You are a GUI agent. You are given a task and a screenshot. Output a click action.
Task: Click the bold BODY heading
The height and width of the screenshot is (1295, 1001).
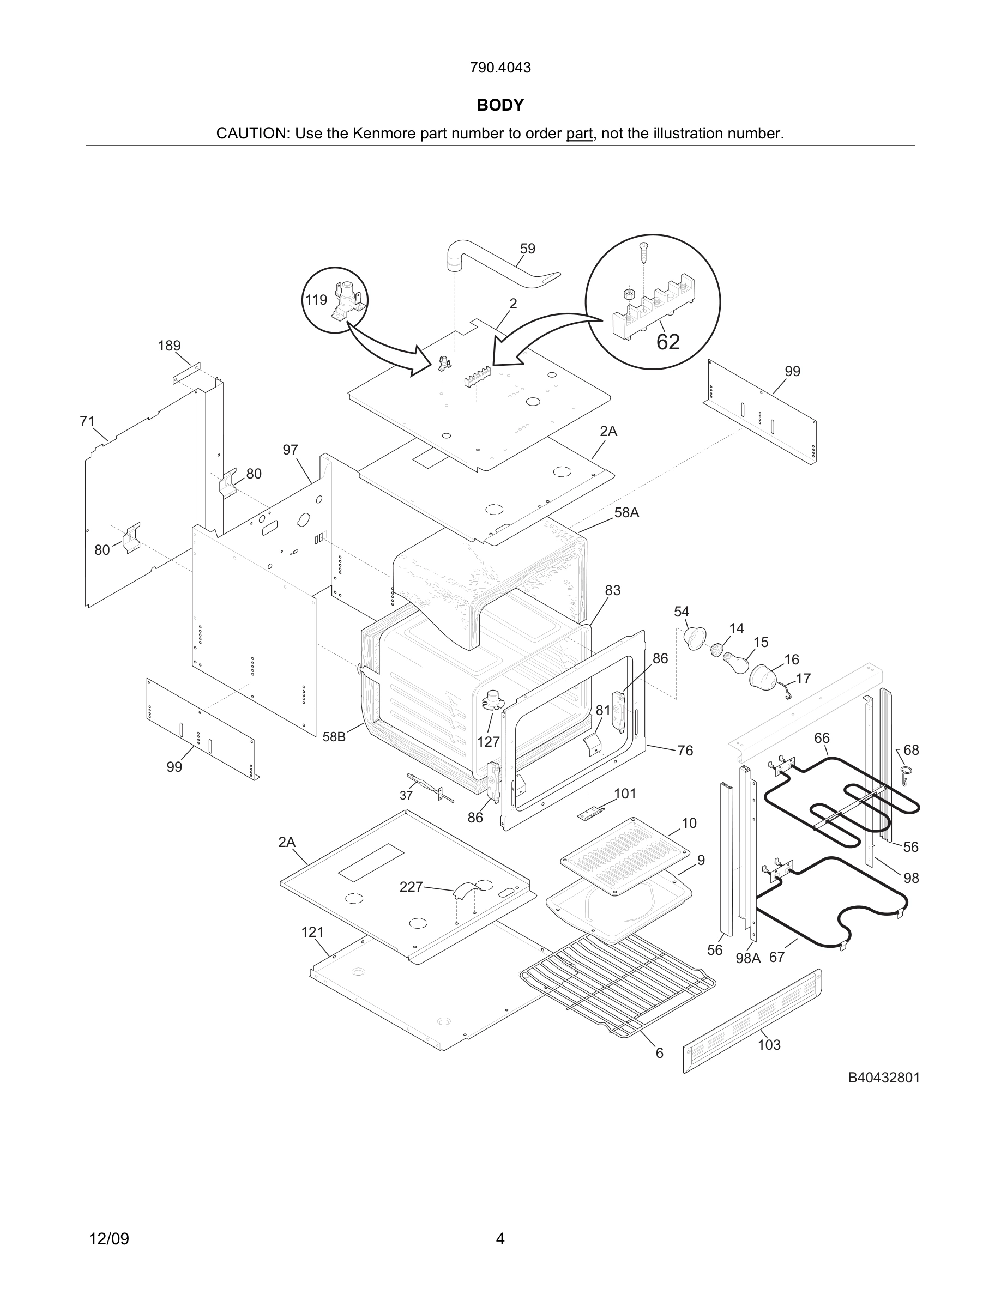pos(500,105)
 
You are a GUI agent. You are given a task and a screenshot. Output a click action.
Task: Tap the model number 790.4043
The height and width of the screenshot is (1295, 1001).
pos(500,68)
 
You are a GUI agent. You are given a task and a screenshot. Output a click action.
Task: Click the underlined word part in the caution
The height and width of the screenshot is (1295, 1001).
pos(579,134)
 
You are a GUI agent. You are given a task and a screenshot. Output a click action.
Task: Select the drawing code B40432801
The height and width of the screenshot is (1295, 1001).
pos(884,1078)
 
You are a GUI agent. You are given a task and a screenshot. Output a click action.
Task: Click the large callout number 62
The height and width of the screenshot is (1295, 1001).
pos(668,342)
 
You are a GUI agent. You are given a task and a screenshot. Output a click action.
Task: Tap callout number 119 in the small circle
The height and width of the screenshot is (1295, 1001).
pos(316,300)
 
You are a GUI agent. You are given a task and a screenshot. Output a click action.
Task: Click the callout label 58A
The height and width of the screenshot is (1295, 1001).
pos(626,512)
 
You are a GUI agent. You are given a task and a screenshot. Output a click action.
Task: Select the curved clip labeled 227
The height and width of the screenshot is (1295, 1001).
pos(463,891)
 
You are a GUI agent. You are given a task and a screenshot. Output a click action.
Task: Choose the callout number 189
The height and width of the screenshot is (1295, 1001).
pos(169,346)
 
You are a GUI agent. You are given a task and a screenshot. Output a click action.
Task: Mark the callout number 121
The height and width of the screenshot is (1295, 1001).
pos(312,932)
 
